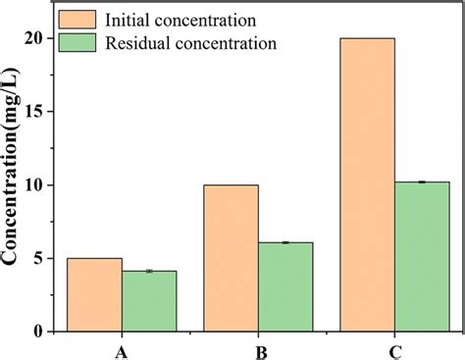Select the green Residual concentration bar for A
click(x=149, y=301)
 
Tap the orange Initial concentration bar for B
click(x=232, y=258)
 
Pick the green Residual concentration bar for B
click(x=285, y=286)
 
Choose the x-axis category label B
click(x=258, y=350)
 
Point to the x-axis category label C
click(x=394, y=350)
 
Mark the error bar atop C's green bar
click(x=422, y=182)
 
